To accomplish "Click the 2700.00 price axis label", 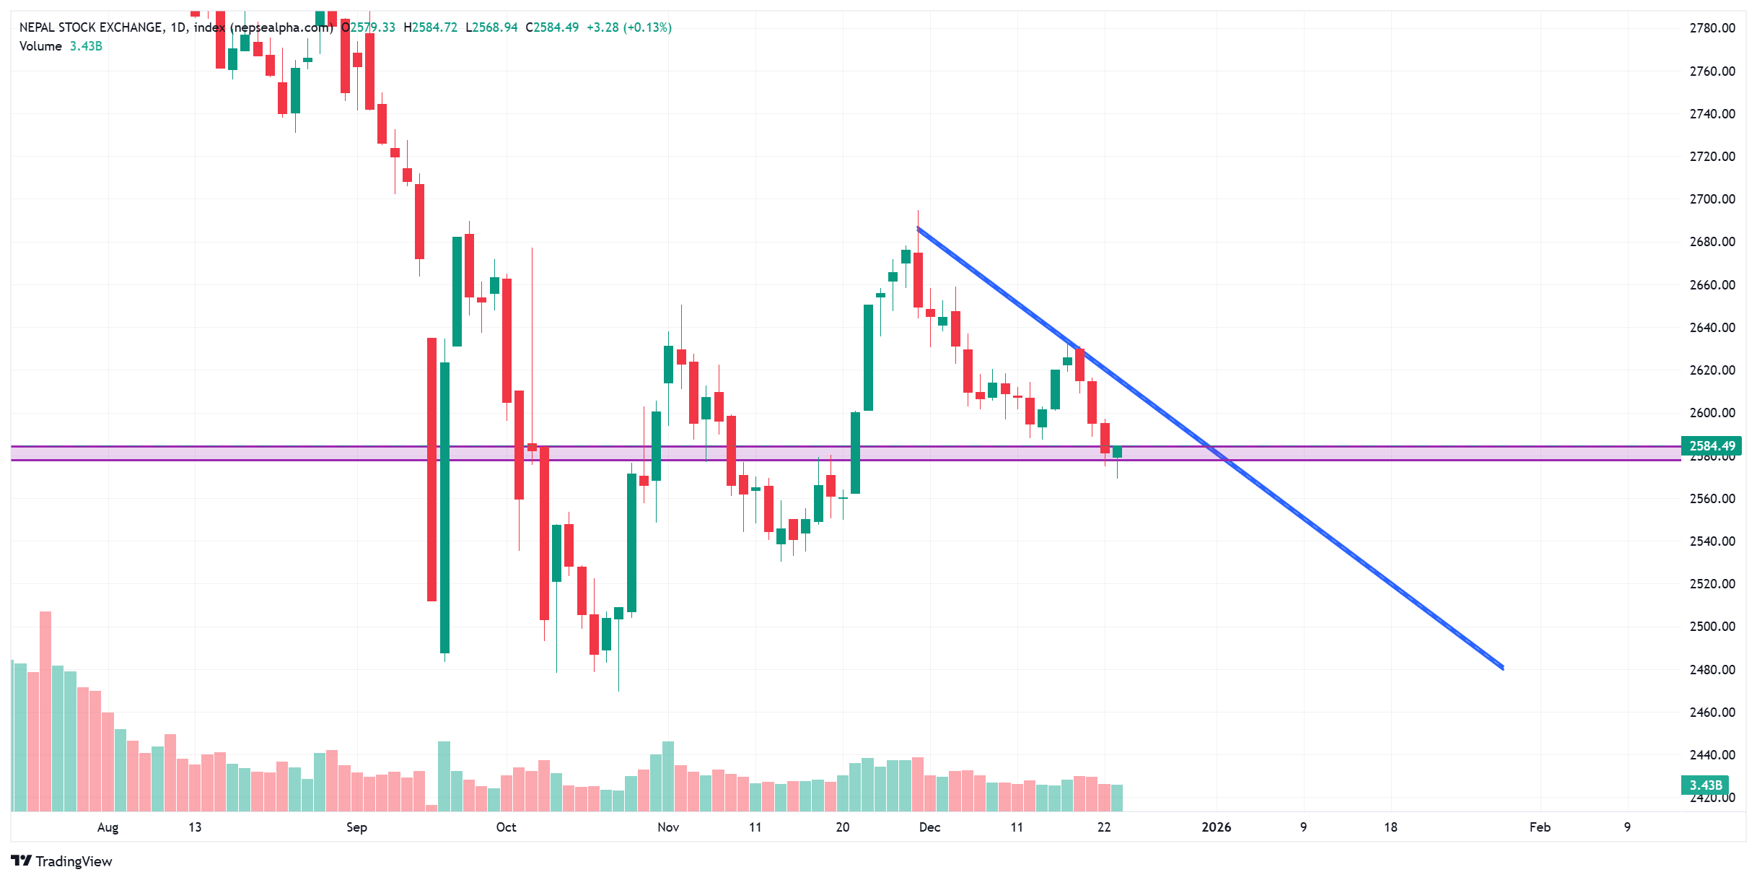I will coord(1712,199).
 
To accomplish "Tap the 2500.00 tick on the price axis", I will coord(1712,627).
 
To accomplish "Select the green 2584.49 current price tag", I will coord(1712,446).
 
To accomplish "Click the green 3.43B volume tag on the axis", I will coord(1706,785).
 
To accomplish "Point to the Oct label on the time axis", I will coord(506,827).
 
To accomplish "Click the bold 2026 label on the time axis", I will coord(1216,827).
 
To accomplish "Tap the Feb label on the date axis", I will coord(1540,827).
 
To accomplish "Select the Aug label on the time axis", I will coord(108,827).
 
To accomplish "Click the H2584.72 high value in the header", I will coord(430,27).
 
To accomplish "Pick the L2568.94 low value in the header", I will coord(491,27).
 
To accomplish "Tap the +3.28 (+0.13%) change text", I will coord(628,27).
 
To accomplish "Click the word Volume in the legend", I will coord(40,46).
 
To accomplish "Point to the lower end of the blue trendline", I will coord(1502,668).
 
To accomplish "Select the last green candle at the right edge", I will coord(1117,453).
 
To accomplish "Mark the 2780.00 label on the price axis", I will coord(1712,28).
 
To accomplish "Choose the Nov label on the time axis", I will coord(668,827).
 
